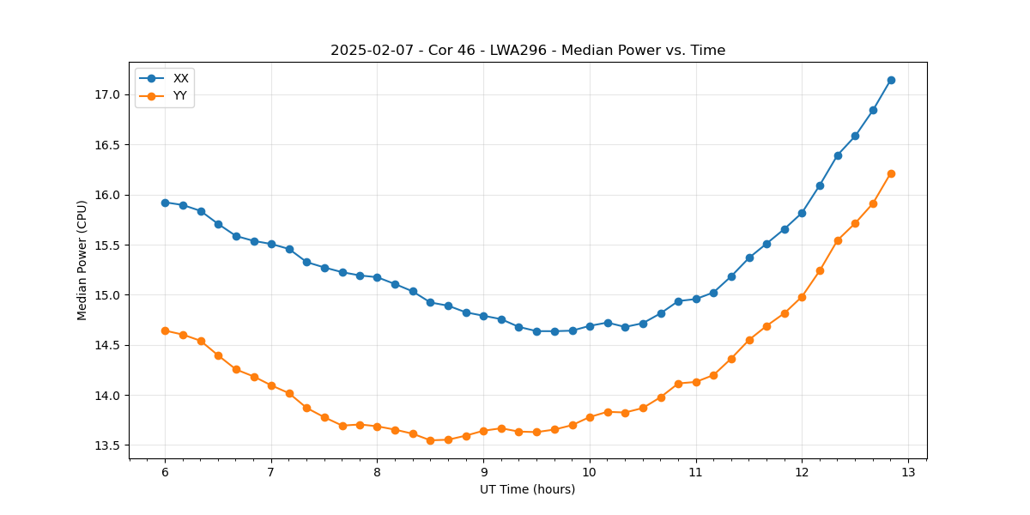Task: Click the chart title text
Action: pyautogui.click(x=528, y=51)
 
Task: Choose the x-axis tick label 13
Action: pyautogui.click(x=908, y=473)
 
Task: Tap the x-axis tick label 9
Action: pyautogui.click(x=483, y=473)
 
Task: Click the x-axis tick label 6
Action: pyautogui.click(x=165, y=473)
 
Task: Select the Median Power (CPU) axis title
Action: pyautogui.click(x=82, y=260)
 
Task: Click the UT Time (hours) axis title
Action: pyautogui.click(x=528, y=489)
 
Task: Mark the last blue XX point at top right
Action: pyautogui.click(x=891, y=80)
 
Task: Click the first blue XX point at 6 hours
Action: pyautogui.click(x=165, y=203)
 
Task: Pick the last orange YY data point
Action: pyautogui.click(x=891, y=173)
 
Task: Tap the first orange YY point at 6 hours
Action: pyautogui.click(x=165, y=330)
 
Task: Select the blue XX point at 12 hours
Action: pyautogui.click(x=802, y=213)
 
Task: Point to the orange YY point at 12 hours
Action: pyautogui.click(x=802, y=297)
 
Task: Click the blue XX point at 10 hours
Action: pyautogui.click(x=590, y=326)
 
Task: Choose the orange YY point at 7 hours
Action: pyautogui.click(x=271, y=385)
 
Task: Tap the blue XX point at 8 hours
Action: pyautogui.click(x=377, y=277)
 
